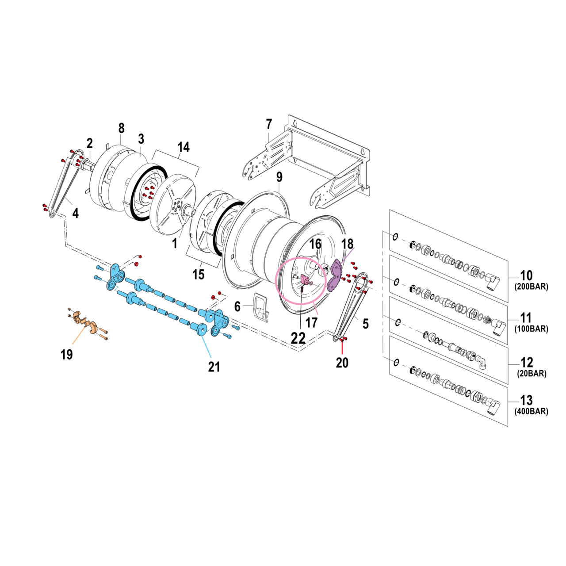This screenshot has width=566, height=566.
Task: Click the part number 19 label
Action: [x=66, y=354]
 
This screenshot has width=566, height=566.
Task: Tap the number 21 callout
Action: [x=214, y=367]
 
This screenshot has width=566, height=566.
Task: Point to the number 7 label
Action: [x=269, y=125]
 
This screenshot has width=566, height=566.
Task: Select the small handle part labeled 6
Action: [x=261, y=306]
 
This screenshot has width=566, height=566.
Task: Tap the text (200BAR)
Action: [x=531, y=287]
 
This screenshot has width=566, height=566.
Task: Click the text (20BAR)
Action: [x=532, y=374]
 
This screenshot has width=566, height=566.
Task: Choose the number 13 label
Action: [x=526, y=400]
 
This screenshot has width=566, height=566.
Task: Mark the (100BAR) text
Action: [x=531, y=329]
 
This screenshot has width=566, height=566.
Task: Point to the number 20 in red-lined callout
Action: [x=342, y=363]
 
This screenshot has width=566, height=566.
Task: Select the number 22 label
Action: [x=298, y=338]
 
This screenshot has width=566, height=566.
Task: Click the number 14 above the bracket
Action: [x=184, y=147]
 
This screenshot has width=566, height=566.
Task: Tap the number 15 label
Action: [x=199, y=275]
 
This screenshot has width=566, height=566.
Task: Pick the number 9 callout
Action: [x=279, y=177]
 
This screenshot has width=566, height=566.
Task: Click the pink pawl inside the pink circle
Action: [x=305, y=279]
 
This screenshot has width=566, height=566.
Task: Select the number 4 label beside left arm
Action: [x=76, y=213]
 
